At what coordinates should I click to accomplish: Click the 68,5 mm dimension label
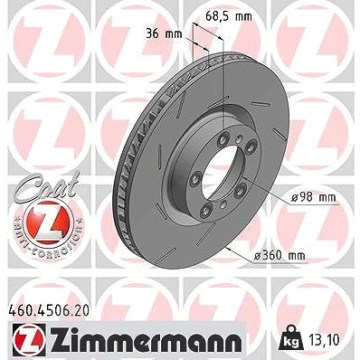click(x=228, y=16)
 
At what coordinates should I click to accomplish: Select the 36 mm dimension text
click(x=164, y=33)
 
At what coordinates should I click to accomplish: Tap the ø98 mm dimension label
click(x=313, y=198)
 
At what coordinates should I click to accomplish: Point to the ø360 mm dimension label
click(x=279, y=256)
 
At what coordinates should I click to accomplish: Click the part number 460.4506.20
click(x=48, y=311)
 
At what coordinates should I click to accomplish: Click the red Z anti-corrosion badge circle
click(x=48, y=223)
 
